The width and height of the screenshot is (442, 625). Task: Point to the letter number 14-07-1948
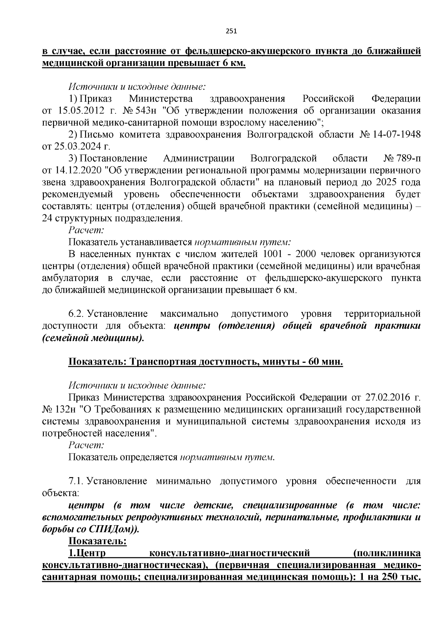[x=397, y=134]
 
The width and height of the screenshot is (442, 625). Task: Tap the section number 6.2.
[x=76, y=314]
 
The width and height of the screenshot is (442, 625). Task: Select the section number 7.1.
[x=76, y=481]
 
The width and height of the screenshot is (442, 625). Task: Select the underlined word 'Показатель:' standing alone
[x=98, y=541]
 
